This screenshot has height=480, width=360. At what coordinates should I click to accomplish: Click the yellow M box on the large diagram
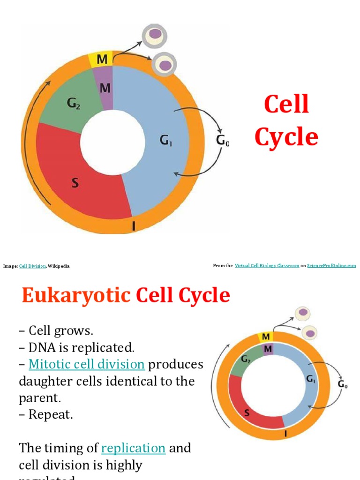pyautogui.click(x=101, y=60)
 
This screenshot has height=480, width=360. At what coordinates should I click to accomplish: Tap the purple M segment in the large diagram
pyautogui.click(x=105, y=88)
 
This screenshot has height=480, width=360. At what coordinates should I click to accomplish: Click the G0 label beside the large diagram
pyautogui.click(x=222, y=140)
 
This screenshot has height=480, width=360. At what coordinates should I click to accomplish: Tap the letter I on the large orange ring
pyautogui.click(x=134, y=227)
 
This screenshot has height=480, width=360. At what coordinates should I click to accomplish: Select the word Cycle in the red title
pyautogui.click(x=286, y=137)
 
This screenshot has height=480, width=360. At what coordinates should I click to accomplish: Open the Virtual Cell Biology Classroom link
pyautogui.click(x=267, y=265)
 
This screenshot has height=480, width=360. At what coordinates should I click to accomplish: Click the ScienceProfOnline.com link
pyautogui.click(x=331, y=265)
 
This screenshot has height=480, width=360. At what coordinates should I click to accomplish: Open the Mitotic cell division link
pyautogui.click(x=86, y=364)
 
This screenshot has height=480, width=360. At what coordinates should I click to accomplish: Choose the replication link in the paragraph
pyautogui.click(x=133, y=448)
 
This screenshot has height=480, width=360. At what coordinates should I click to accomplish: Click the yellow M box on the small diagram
pyautogui.click(x=266, y=337)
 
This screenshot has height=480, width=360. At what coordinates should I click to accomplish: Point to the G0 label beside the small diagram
pyautogui.click(x=343, y=384)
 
